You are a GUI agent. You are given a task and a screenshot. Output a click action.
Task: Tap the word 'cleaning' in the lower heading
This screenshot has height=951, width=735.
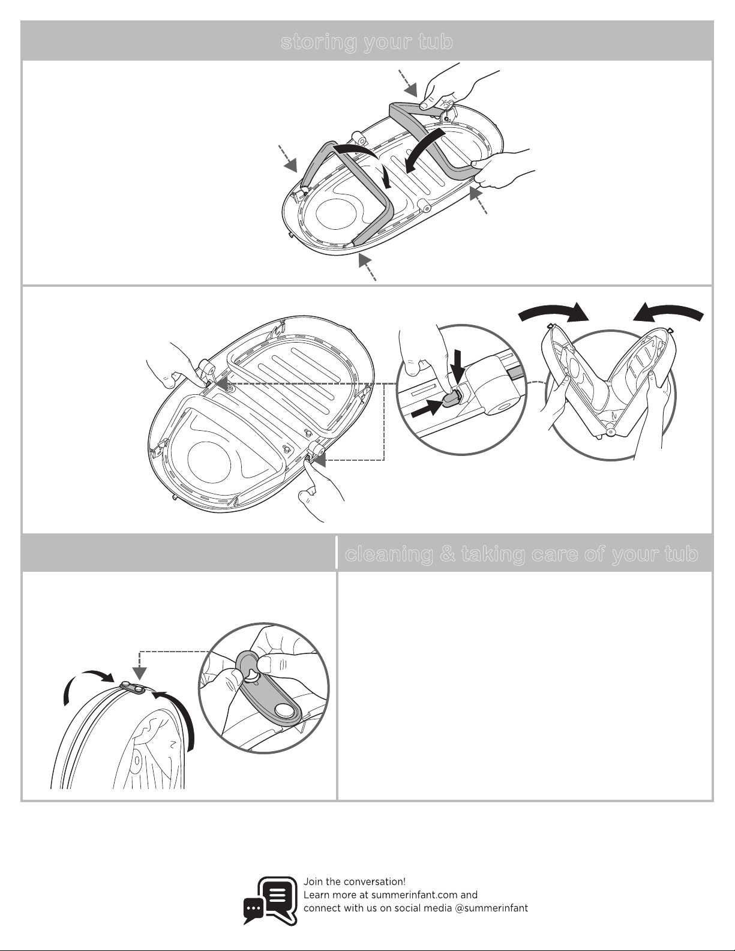(389, 554)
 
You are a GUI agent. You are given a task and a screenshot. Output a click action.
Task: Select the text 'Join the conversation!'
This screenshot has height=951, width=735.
(355, 881)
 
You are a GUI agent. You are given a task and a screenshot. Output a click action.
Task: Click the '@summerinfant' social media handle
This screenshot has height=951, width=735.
(491, 908)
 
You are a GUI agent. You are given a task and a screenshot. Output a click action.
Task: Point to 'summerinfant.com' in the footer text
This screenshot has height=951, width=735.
(408, 895)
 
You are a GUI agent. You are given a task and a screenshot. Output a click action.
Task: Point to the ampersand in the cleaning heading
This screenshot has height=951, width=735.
(447, 554)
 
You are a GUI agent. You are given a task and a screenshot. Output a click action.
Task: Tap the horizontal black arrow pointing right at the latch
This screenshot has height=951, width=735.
(427, 407)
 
